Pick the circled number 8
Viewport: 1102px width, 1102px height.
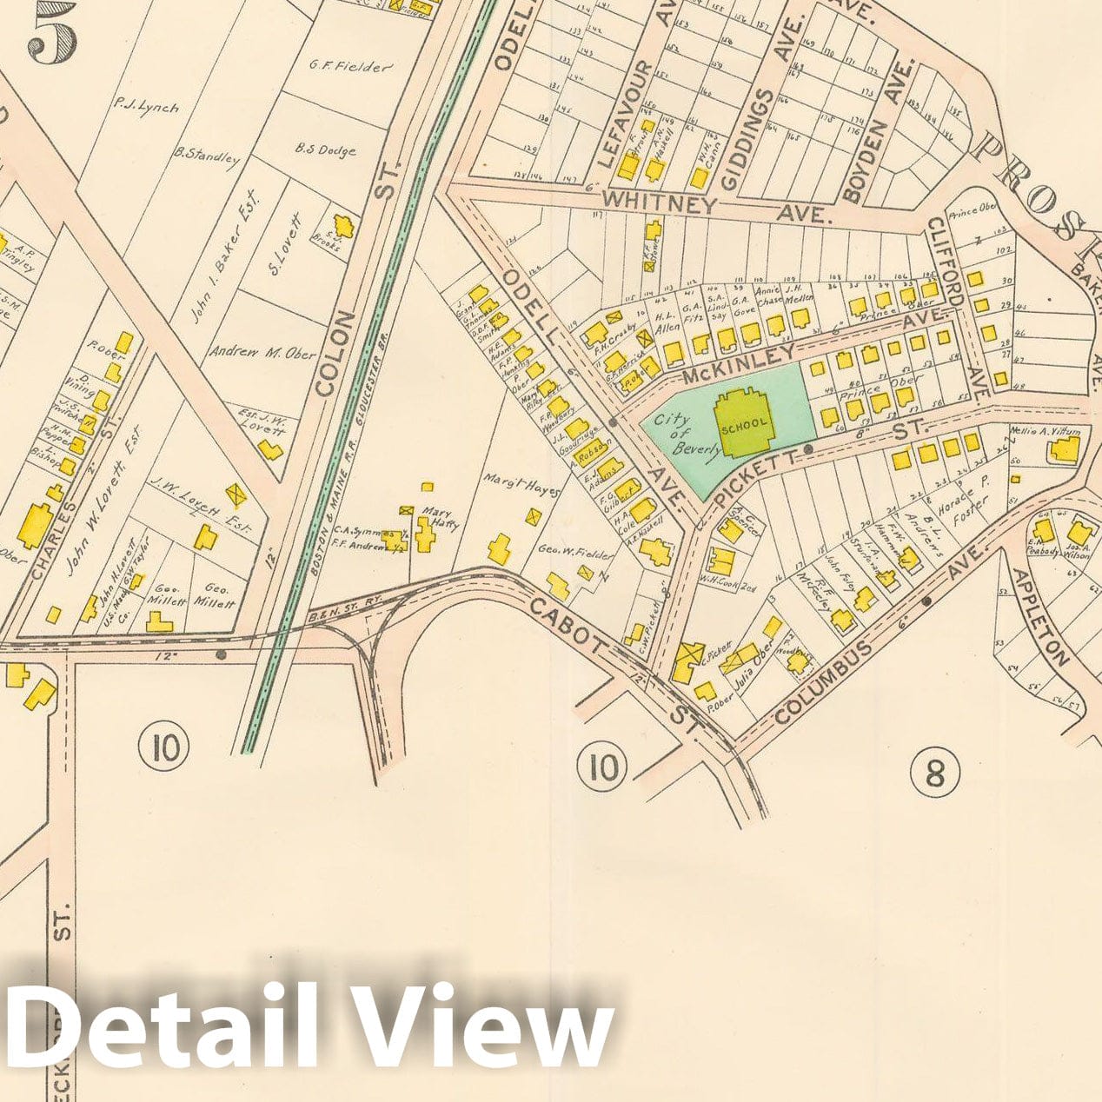[934, 772]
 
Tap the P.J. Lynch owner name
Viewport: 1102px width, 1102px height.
[146, 106]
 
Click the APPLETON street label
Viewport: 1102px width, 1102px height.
[1039, 616]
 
